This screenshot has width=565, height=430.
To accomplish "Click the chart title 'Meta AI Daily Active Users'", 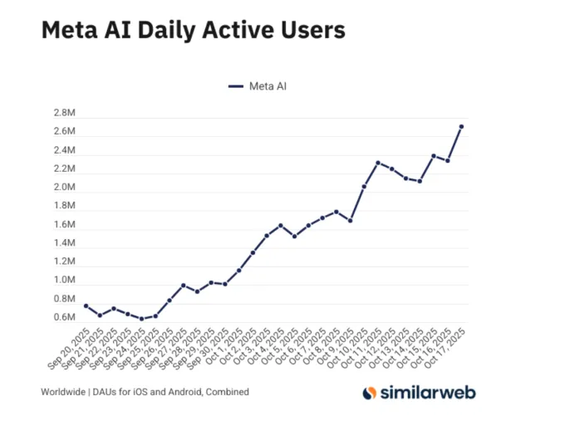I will pyautogui.click(x=193, y=30).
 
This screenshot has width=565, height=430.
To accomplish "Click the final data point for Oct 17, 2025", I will pyautogui.click(x=461, y=126).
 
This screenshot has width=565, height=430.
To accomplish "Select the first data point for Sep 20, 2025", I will pyautogui.click(x=86, y=305).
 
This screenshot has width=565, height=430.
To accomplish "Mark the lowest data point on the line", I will pyautogui.click(x=141, y=319).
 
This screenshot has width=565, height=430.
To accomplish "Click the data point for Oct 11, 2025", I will pyautogui.click(x=377, y=163).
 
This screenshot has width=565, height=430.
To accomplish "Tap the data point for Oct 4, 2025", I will pyautogui.click(x=280, y=225).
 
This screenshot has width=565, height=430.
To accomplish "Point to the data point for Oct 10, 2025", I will pyautogui.click(x=364, y=186).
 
